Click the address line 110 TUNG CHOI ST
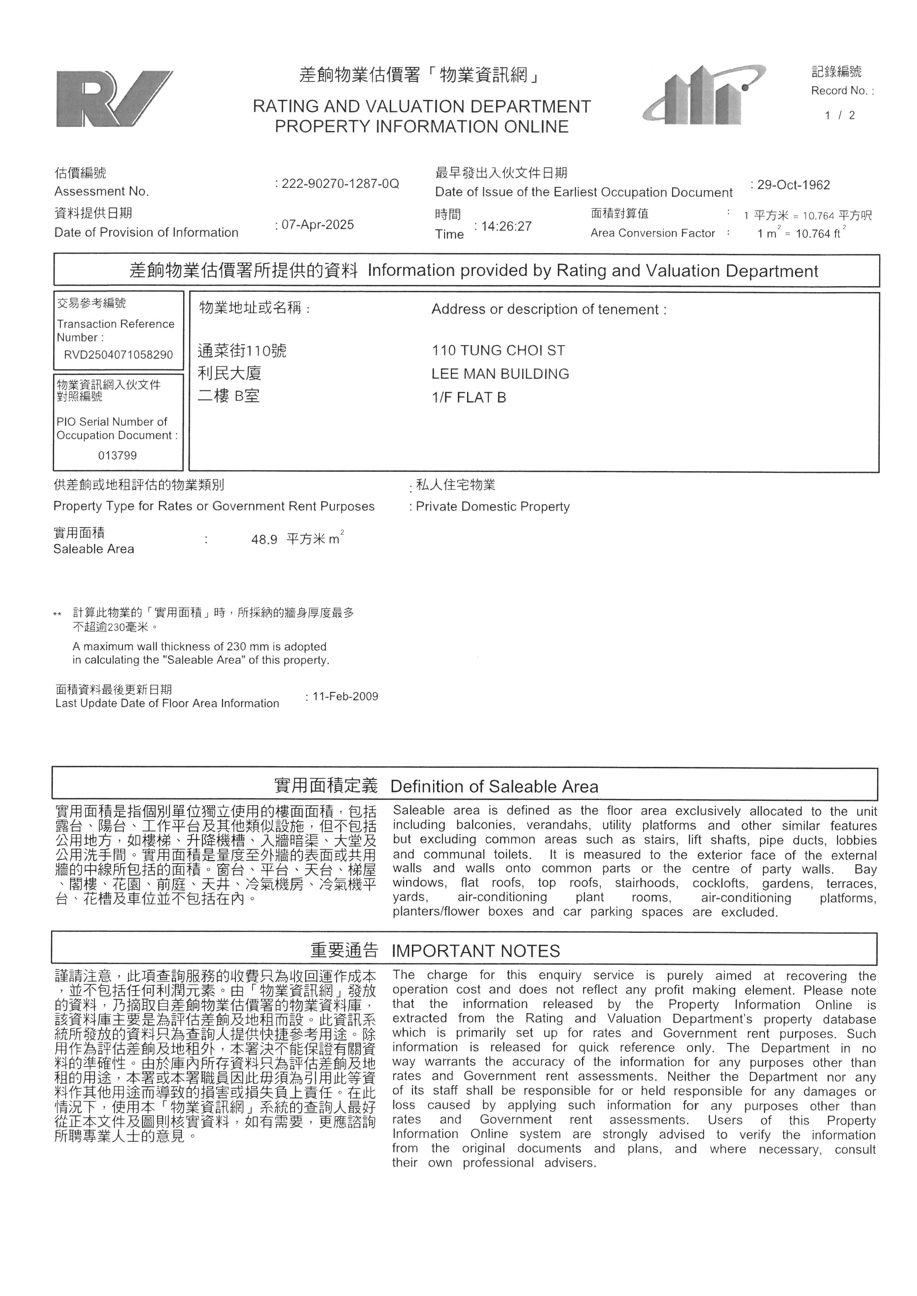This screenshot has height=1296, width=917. tap(498, 351)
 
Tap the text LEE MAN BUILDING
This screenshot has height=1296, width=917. tap(500, 374)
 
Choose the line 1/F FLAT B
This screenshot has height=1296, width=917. tap(468, 397)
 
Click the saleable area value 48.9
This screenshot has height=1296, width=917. tap(264, 540)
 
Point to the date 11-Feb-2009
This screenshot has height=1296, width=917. tap(345, 696)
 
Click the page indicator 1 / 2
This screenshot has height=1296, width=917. tap(840, 116)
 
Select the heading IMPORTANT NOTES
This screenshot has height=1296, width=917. tap(476, 951)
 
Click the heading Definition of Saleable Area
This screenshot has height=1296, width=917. tap(494, 786)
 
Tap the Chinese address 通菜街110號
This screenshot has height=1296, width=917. tap(242, 351)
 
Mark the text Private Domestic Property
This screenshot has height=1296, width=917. tap(493, 506)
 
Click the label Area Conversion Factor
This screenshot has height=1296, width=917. tap(652, 233)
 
